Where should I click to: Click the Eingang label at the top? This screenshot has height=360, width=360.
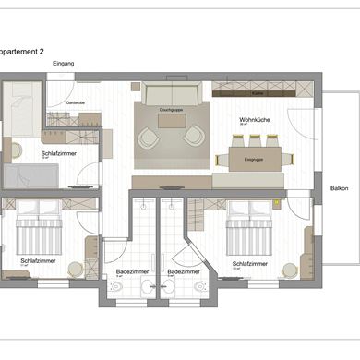(x=64, y=63)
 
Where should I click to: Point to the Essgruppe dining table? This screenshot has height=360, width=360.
(x=255, y=158)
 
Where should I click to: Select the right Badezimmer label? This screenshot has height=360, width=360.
(x=183, y=271)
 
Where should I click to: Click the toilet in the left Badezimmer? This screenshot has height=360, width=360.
(x=115, y=288)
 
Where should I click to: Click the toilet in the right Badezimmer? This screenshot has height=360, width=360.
(x=200, y=288)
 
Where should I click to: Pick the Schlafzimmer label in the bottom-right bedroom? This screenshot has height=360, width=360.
(x=250, y=263)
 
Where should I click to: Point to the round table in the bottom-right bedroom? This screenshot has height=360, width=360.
(x=291, y=270)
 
